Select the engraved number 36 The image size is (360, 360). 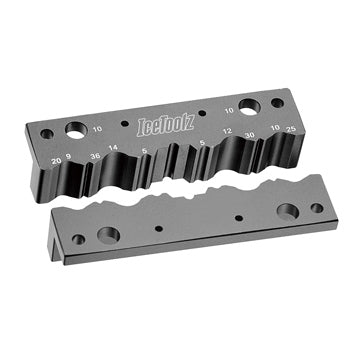click(x=94, y=156)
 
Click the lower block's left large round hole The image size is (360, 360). click(x=107, y=235)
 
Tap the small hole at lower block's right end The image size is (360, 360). click(x=316, y=208)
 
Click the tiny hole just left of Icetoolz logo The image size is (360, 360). click(x=124, y=125)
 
